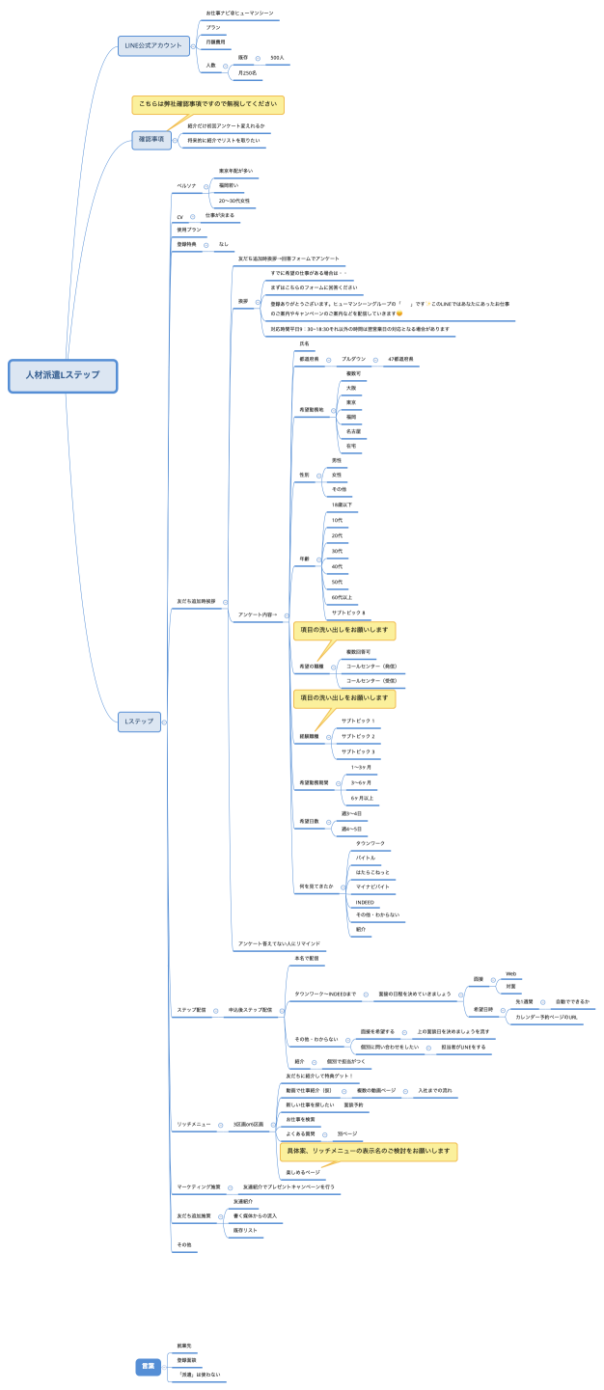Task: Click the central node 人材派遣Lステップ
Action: click(x=63, y=375)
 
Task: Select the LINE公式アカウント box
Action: click(x=153, y=45)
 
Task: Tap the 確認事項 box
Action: click(x=151, y=140)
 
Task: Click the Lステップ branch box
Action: click(x=139, y=721)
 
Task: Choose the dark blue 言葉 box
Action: click(x=149, y=1365)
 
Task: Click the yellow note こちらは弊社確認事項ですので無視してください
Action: click(x=208, y=104)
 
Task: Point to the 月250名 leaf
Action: click(x=248, y=73)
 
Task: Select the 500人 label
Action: click(x=277, y=58)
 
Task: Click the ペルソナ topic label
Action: click(x=186, y=185)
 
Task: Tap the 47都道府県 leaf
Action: click(x=400, y=359)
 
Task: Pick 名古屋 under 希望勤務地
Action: click(x=353, y=431)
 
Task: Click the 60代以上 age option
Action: click(x=342, y=597)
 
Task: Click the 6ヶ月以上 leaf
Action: click(x=362, y=798)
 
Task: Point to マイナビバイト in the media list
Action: click(x=372, y=885)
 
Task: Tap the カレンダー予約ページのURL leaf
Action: click(x=546, y=1017)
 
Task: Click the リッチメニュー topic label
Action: click(x=194, y=1124)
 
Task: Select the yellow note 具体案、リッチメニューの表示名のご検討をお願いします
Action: click(x=368, y=1151)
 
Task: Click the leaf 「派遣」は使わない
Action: click(x=199, y=1374)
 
